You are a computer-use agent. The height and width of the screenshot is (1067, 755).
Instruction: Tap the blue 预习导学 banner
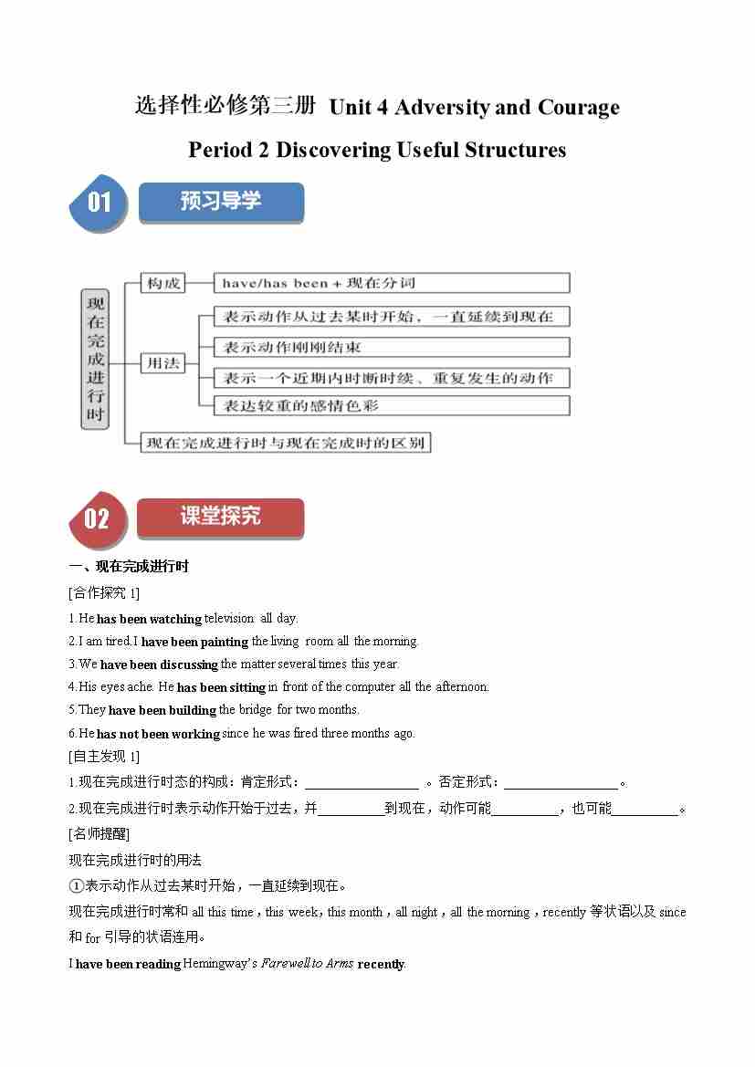pos(221,202)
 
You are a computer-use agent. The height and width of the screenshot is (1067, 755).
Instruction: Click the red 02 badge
pos(96,518)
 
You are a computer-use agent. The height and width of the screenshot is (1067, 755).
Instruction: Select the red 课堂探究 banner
pos(220,518)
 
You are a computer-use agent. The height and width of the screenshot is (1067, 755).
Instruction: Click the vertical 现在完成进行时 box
pos(95,359)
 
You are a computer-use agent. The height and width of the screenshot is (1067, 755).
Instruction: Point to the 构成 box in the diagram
pos(163,283)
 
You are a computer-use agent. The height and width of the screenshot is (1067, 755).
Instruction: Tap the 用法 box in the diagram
pos(163,362)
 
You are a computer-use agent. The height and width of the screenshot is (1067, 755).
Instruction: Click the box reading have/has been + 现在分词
pos(391,283)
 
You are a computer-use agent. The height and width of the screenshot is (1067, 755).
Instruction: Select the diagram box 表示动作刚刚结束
pos(391,347)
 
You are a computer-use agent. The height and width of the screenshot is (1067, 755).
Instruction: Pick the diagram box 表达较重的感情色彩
pos(391,405)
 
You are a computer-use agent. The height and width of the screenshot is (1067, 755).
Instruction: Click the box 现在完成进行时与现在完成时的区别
pos(285,443)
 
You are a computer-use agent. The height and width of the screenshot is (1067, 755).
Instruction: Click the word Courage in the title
pos(579,108)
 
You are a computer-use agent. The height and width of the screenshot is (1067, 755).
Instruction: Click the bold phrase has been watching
pos(150,619)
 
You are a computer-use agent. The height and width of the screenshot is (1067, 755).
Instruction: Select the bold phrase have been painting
pos(194,642)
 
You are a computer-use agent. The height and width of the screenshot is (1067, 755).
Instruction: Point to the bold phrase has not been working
pos(158,734)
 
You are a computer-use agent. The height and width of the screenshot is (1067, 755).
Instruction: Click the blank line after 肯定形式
pos(362,782)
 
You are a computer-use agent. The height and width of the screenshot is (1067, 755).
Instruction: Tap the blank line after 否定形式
pos(561,782)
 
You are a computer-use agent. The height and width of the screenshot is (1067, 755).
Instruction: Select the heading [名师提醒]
pos(100,833)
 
